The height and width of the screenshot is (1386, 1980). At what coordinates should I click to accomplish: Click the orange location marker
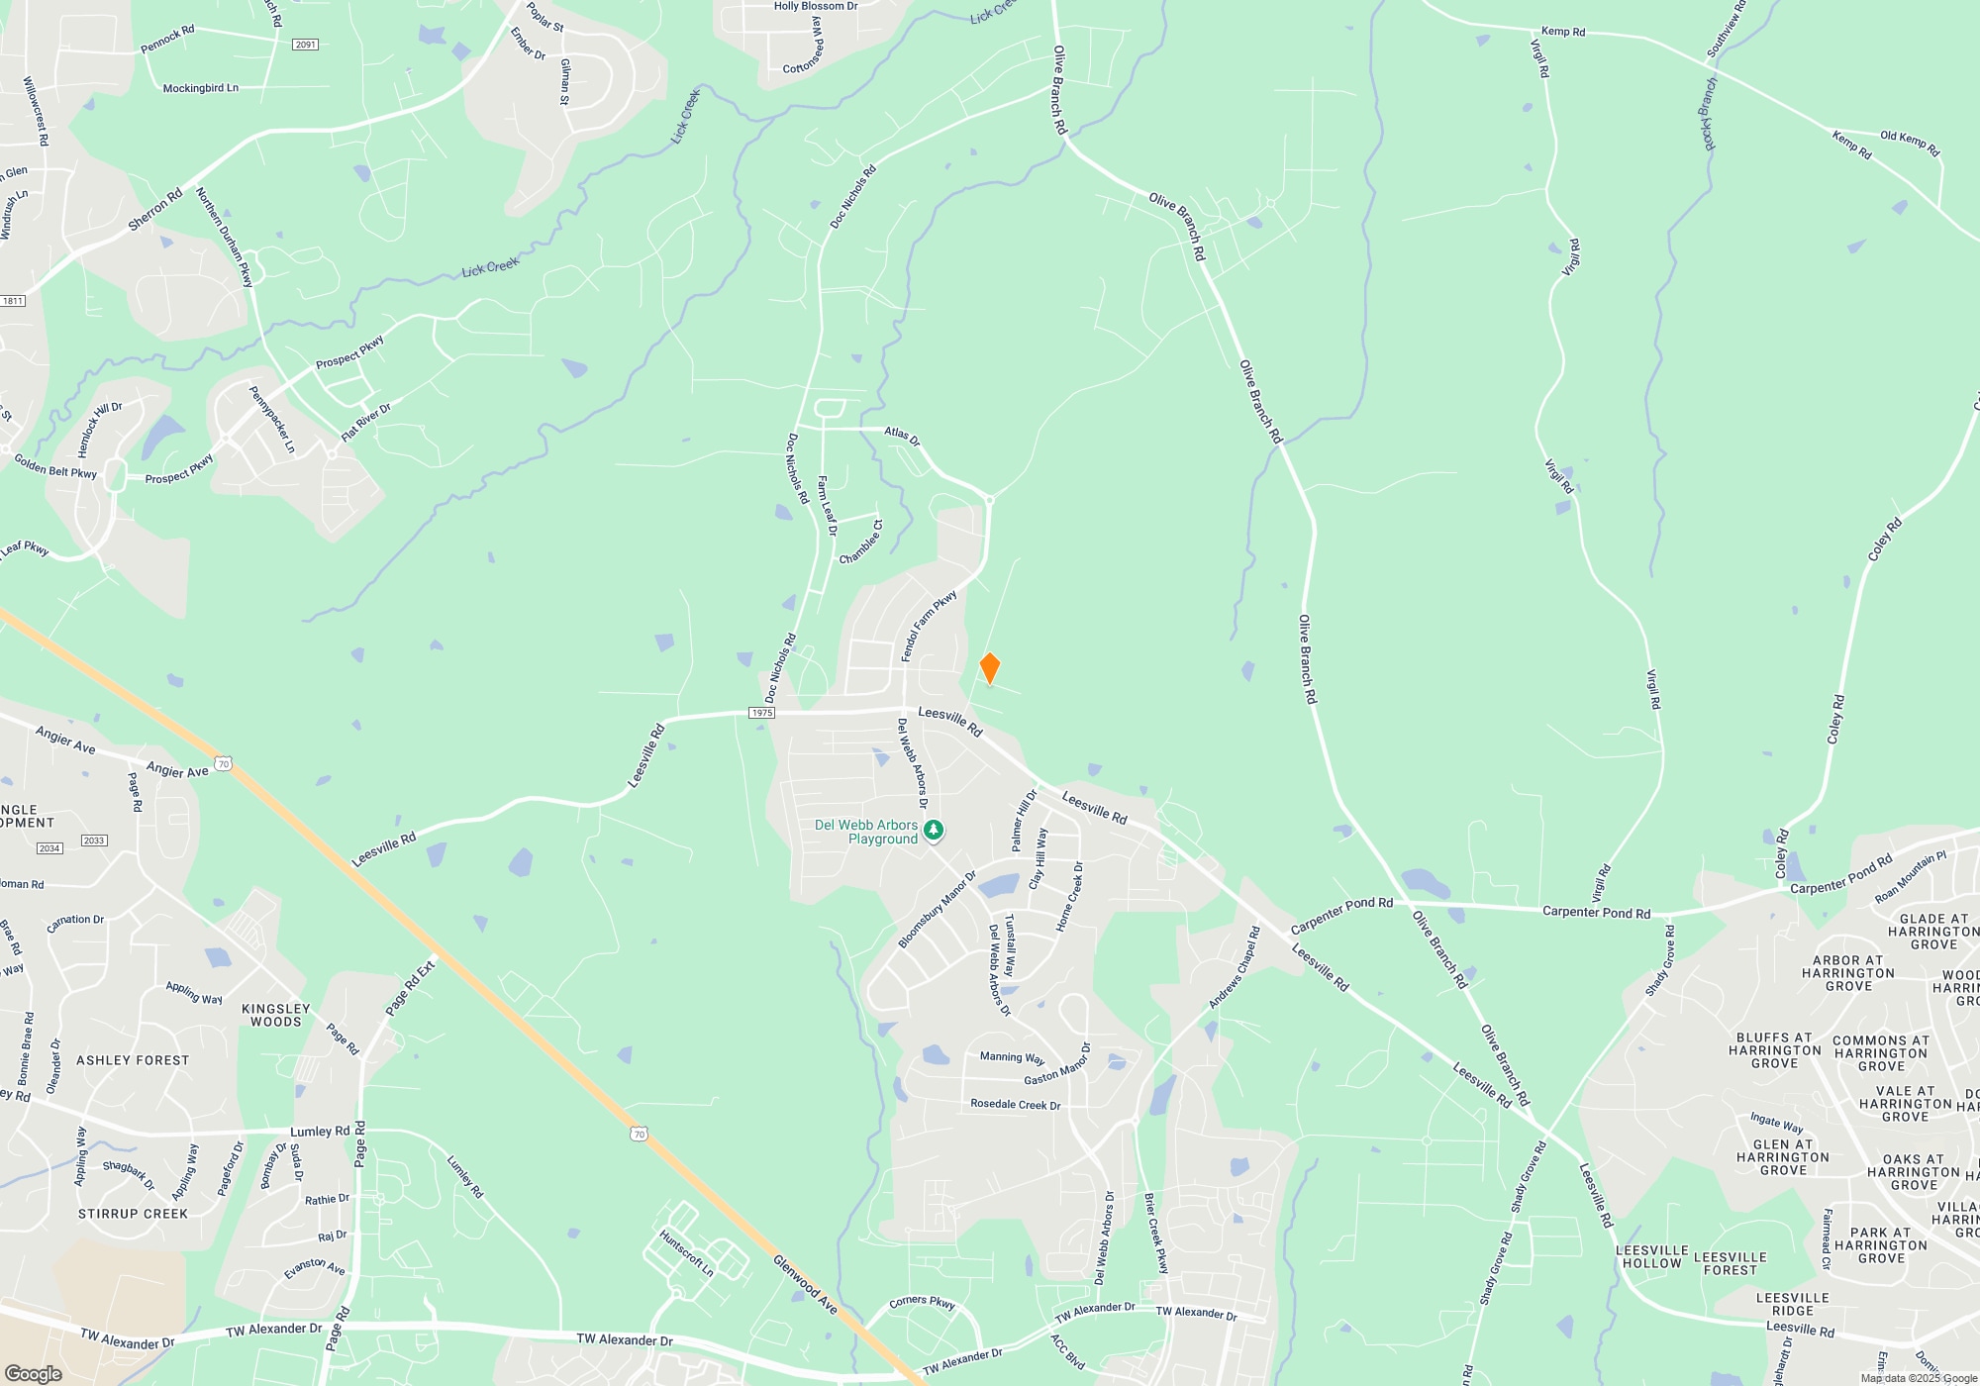click(989, 668)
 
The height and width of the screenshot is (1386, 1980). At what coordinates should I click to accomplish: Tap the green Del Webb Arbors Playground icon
click(933, 830)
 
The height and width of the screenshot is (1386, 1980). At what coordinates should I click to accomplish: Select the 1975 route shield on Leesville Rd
click(761, 713)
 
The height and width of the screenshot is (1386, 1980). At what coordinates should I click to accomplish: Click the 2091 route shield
click(305, 45)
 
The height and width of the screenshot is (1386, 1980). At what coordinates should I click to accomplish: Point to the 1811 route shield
click(12, 301)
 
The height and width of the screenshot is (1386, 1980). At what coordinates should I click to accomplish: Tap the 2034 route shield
click(49, 848)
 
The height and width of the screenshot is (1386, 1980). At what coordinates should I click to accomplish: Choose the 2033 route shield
click(94, 841)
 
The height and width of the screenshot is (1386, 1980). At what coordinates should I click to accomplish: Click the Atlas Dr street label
click(902, 436)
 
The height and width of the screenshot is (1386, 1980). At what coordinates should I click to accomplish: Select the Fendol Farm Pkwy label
click(928, 626)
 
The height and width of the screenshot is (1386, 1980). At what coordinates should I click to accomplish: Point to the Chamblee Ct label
click(861, 543)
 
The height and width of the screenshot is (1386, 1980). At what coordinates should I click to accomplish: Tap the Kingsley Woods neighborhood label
click(275, 1015)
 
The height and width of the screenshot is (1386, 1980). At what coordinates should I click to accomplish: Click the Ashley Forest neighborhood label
click(133, 1060)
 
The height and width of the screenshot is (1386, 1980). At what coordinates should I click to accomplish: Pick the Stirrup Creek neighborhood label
click(133, 1214)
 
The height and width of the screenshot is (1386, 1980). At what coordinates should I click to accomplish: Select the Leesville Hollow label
click(1651, 1256)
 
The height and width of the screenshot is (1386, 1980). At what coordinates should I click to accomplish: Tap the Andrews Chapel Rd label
click(1235, 967)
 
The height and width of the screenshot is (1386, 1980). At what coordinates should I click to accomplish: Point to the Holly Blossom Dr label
click(816, 6)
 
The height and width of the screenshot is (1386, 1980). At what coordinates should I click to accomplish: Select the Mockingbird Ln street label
click(200, 88)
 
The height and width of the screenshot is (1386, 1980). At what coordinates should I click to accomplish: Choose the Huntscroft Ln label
click(686, 1253)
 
